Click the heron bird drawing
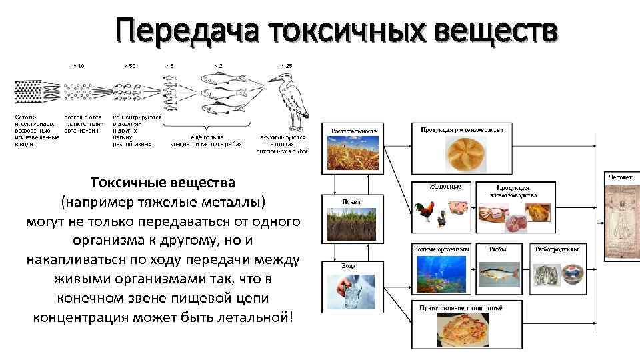(x=288, y=100)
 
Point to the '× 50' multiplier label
(x=129, y=65)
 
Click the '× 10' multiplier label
(x=78, y=65)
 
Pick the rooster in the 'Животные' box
(x=424, y=213)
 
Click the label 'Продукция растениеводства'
(x=466, y=129)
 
